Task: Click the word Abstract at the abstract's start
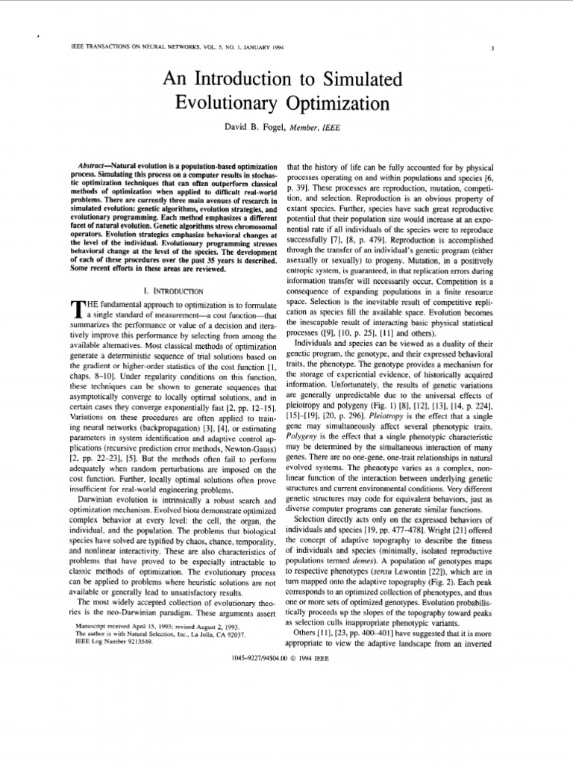[95, 164]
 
